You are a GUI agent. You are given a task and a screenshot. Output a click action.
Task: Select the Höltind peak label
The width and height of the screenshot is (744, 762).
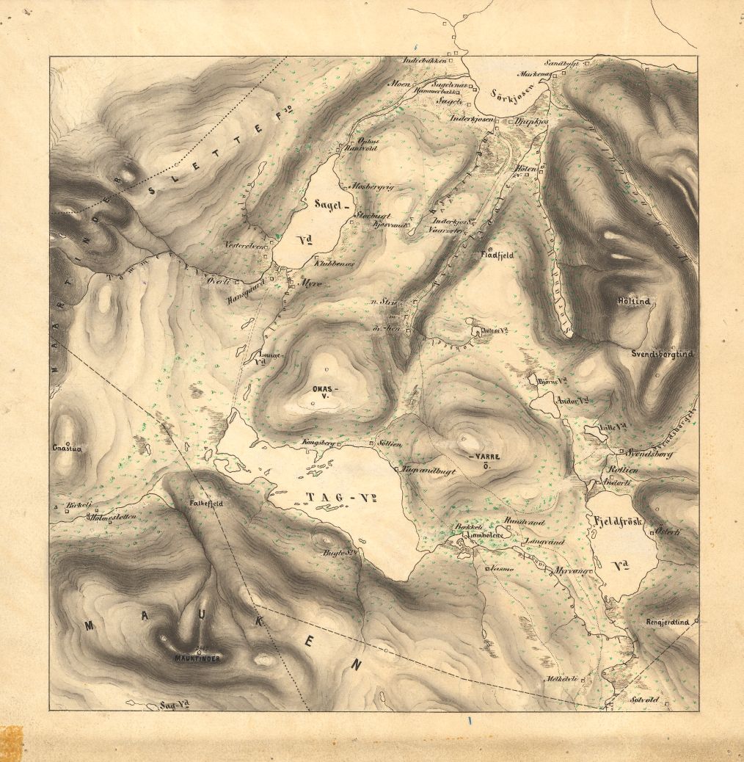coord(634,302)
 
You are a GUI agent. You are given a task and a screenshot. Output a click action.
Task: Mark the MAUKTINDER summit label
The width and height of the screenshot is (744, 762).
coord(197,658)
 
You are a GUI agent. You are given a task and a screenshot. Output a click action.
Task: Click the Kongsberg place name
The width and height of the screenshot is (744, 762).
coord(318,443)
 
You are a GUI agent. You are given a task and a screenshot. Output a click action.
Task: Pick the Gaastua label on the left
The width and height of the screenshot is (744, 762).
coord(65,447)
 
